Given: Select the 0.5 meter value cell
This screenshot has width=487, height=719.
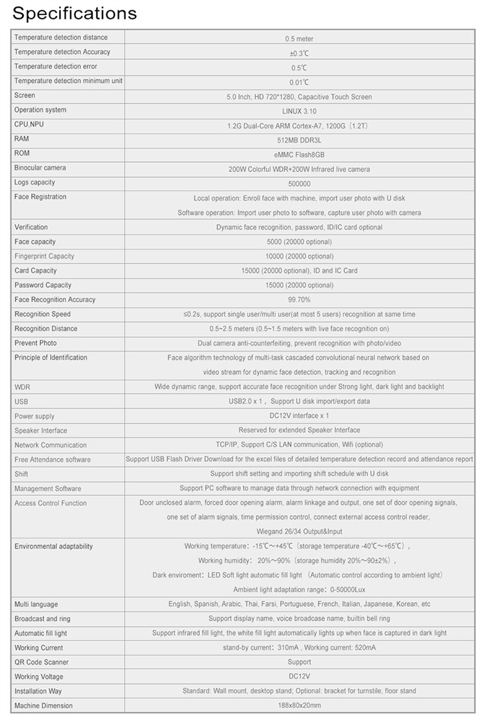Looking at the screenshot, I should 299,39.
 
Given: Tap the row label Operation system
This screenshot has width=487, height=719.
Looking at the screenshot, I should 40,110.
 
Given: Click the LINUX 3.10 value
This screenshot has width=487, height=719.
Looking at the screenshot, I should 299,111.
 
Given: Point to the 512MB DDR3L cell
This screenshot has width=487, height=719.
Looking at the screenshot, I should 299,140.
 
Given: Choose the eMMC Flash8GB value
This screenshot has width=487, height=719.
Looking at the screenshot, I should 299,155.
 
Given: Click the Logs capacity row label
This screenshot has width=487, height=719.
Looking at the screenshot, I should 40,183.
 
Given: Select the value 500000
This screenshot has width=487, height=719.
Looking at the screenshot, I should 299,184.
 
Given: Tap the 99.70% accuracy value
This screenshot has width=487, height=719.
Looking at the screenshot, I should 299,300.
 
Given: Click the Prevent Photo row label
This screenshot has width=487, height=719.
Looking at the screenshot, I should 36,343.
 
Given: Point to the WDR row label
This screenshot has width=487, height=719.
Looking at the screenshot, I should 22,387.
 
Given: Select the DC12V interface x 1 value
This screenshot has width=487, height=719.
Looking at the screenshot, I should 299,416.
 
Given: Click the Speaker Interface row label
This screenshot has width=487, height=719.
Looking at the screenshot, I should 41,431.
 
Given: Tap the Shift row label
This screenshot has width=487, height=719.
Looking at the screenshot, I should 21,474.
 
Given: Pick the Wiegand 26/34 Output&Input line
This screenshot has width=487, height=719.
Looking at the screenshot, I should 299,530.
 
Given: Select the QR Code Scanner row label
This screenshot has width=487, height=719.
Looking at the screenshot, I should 42,662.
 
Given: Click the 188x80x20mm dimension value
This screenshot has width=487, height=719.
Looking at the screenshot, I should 299,706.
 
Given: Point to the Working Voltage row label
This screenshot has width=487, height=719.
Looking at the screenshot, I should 39,677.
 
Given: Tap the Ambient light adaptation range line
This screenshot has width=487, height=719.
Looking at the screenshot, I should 299,590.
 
